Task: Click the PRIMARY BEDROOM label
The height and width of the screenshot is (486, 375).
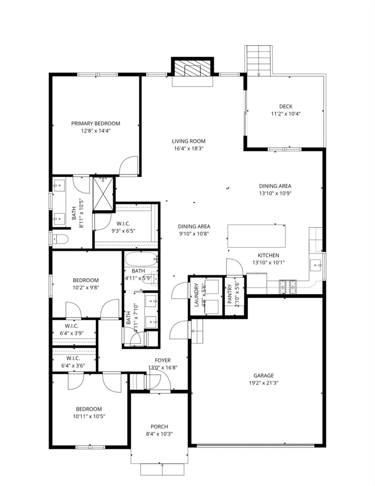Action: pyautogui.click(x=95, y=124)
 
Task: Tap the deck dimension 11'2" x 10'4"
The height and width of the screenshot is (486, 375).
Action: pyautogui.click(x=286, y=114)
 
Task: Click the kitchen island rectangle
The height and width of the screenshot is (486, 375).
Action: pyautogui.click(x=257, y=236)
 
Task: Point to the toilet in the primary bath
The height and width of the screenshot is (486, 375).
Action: pyautogui.click(x=61, y=239)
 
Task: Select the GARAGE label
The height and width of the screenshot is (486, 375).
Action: pyautogui.click(x=263, y=375)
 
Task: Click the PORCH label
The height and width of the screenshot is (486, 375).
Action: pyautogui.click(x=159, y=427)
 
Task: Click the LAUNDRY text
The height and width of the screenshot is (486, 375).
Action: pyautogui.click(x=196, y=295)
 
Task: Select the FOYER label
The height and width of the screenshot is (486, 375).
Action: pyautogui.click(x=163, y=360)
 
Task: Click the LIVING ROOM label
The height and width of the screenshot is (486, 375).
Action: pyautogui.click(x=189, y=141)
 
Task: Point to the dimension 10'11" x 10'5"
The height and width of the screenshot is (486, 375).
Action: pyautogui.click(x=89, y=416)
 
